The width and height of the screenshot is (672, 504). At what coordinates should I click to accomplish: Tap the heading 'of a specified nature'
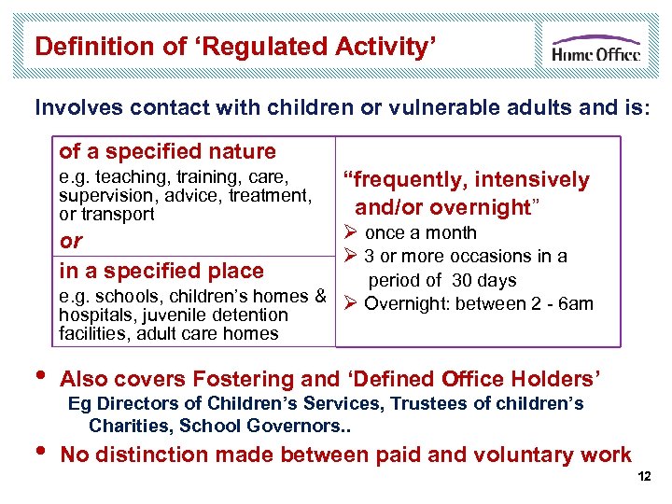168,151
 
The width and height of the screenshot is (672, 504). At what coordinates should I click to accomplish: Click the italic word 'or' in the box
71,241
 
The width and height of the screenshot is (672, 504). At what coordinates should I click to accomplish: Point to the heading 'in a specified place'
161,271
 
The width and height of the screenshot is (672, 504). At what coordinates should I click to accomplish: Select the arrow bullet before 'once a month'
351,233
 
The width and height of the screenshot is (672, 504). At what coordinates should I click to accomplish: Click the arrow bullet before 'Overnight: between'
351,303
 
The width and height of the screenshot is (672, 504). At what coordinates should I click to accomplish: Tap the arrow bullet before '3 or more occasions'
351,257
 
